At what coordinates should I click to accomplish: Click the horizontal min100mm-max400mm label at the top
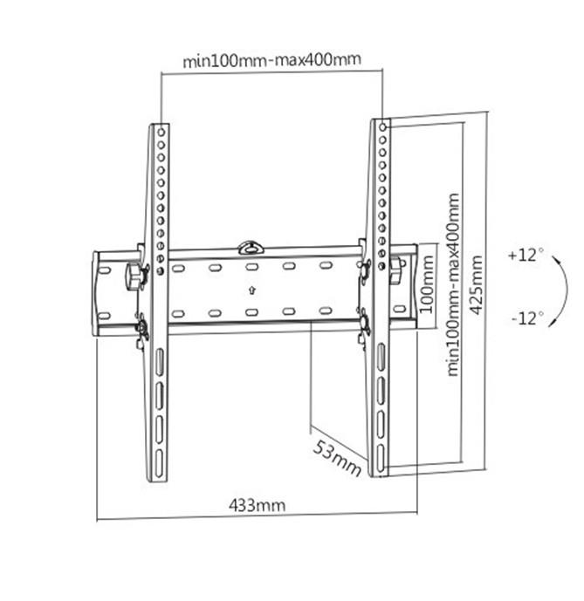point(271,61)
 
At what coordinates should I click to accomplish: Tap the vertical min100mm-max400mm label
point(453,283)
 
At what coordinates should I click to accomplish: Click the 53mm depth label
point(337,455)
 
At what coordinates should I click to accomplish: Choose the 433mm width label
point(257,504)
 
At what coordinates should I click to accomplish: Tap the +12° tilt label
point(526,256)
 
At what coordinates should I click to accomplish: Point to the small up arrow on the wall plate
point(251,290)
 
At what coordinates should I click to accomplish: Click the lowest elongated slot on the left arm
point(160,459)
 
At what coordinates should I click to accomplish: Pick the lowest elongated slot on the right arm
point(381,454)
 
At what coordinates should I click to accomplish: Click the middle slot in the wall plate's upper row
point(251,267)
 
